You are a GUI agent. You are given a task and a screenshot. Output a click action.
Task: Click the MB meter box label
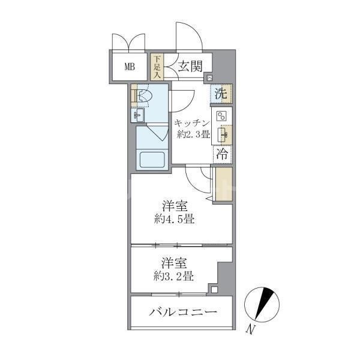(130, 67)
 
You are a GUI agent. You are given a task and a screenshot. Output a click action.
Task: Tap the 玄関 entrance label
(188, 66)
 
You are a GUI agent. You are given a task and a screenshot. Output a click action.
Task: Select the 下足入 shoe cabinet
(157, 67)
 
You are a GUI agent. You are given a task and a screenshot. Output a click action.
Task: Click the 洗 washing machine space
(221, 94)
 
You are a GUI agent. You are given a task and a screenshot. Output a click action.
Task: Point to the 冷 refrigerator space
(221, 153)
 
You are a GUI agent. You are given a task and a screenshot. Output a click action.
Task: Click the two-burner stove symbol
(221, 116)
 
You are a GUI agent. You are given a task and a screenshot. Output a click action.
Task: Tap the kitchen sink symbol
(222, 133)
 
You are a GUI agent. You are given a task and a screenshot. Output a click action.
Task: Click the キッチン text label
(192, 123)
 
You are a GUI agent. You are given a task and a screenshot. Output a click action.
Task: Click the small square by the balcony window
(214, 290)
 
